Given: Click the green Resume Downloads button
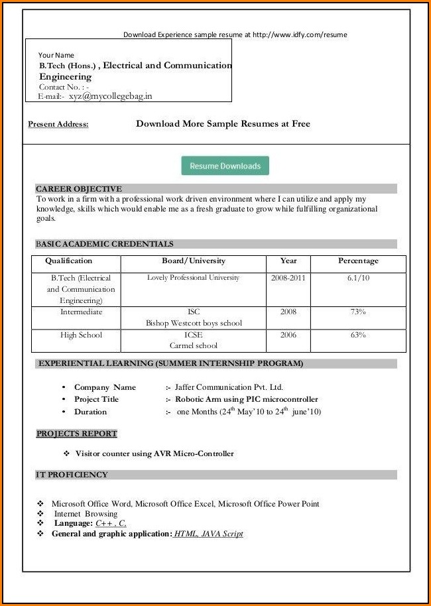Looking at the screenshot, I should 225,166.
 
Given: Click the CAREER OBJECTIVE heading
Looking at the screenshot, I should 79,189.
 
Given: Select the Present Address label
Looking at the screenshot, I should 58,124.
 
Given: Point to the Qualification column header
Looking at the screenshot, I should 69,261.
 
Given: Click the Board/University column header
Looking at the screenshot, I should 194,261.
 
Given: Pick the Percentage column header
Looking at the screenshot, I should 358,261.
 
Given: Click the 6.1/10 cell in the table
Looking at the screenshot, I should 358,278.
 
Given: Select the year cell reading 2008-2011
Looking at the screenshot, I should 288,278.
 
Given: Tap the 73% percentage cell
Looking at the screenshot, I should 358,312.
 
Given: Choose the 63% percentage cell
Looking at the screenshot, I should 358,335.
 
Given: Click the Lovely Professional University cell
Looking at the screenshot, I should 194,278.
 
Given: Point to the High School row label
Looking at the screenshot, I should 81,335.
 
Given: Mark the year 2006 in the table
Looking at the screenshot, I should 288,335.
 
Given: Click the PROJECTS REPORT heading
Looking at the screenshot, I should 77,434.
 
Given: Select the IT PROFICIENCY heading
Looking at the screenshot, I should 72,475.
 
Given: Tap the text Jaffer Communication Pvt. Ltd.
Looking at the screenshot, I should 229,387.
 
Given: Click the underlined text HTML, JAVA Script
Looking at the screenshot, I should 208,534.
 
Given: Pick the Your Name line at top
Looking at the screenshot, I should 56,55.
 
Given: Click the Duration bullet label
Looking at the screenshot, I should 90,412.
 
